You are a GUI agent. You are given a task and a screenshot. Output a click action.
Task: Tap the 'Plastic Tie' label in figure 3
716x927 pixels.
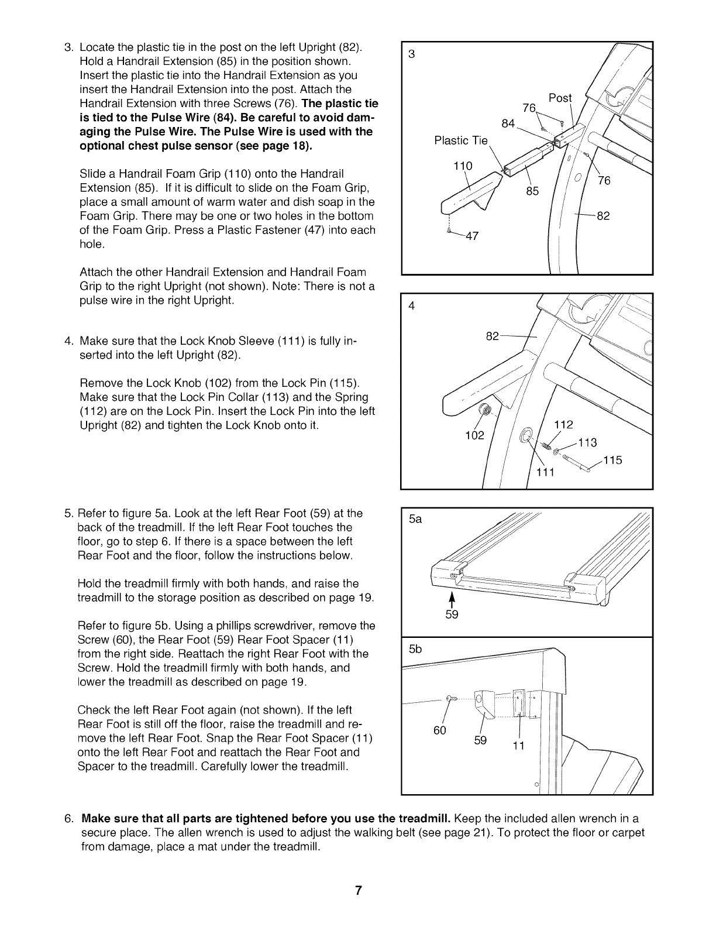click(x=461, y=140)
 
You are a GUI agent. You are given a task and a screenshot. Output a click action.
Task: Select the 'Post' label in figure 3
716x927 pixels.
click(x=560, y=98)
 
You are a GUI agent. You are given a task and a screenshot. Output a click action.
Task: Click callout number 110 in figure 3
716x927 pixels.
click(x=463, y=166)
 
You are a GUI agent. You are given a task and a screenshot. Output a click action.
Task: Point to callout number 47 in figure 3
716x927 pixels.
click(x=471, y=236)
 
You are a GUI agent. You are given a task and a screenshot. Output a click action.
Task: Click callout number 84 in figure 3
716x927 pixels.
click(x=508, y=123)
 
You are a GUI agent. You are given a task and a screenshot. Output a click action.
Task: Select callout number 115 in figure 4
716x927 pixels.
click(x=613, y=460)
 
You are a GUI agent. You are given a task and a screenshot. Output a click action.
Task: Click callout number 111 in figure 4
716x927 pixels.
click(x=545, y=473)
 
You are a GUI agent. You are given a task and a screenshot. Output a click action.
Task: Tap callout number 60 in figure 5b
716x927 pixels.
click(x=440, y=730)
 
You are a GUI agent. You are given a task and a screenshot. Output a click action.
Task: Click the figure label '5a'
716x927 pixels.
click(x=415, y=519)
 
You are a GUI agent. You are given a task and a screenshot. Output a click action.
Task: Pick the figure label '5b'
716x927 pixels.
click(x=415, y=649)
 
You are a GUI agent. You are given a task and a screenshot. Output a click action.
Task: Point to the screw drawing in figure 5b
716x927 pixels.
click(x=450, y=698)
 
